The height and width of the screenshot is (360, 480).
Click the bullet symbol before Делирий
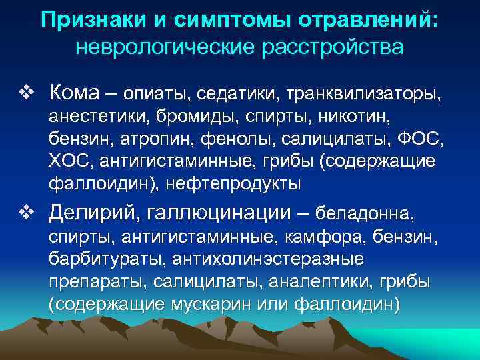tap(26, 213)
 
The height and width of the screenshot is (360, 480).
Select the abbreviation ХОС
tap(67, 162)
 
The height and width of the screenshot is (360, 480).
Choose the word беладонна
tap(363, 215)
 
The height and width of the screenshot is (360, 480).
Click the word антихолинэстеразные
tap(267, 261)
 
